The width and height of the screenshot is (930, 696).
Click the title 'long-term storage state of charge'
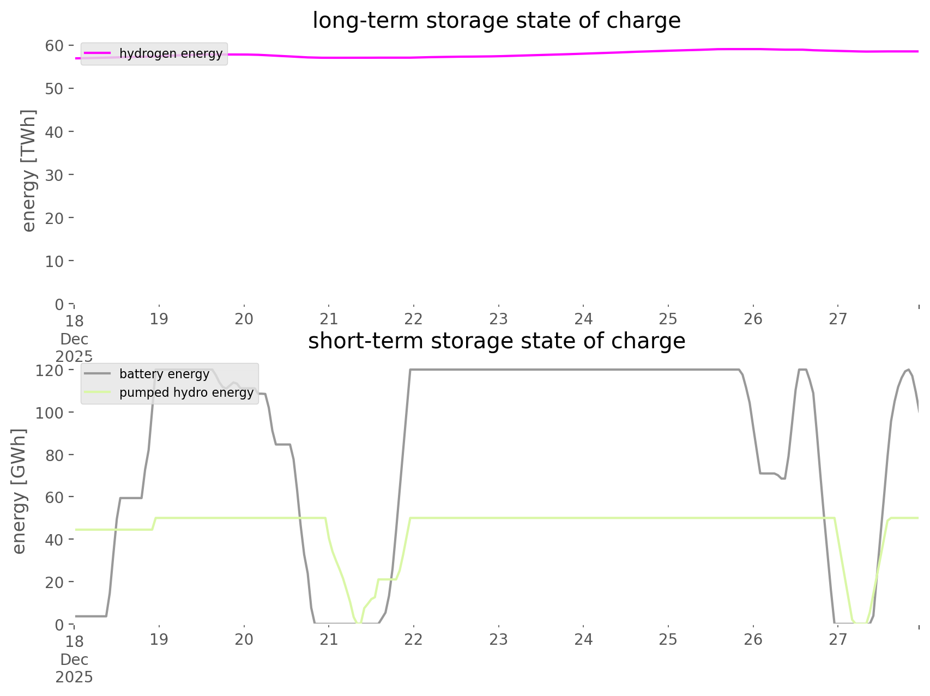[x=496, y=21]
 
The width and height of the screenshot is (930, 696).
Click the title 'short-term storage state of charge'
[x=496, y=341]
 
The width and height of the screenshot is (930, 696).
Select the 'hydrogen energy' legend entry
[x=171, y=53]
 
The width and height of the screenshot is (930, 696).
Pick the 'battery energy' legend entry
[x=164, y=374]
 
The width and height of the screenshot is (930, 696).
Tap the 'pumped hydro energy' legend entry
[x=186, y=393]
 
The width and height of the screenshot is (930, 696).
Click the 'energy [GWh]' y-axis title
[x=19, y=491]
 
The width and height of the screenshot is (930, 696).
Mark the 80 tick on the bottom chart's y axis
[x=55, y=455]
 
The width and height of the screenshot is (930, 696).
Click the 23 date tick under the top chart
[x=498, y=319]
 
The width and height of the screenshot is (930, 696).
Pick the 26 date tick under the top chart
[x=753, y=319]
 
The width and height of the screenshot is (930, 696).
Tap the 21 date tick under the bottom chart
[x=329, y=639]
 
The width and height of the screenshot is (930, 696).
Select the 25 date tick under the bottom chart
[x=668, y=639]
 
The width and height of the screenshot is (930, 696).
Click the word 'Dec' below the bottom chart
[x=74, y=659]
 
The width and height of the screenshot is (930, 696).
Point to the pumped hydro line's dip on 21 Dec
[x=358, y=621]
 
